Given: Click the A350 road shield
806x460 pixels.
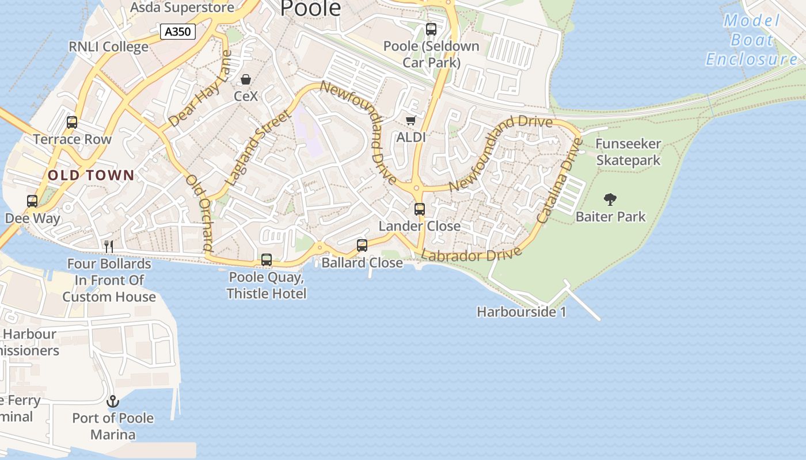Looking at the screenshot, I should (x=177, y=32).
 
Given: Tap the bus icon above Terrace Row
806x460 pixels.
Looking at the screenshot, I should (x=72, y=122).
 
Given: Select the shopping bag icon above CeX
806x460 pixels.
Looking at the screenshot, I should (x=246, y=79).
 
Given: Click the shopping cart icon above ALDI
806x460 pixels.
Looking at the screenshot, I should (x=410, y=120).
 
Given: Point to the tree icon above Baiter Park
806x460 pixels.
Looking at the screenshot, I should (x=610, y=200).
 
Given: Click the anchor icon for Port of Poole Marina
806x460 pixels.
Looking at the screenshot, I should (x=113, y=401).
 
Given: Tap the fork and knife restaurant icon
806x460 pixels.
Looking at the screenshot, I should (x=108, y=247).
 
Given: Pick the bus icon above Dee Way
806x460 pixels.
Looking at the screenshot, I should (x=32, y=201).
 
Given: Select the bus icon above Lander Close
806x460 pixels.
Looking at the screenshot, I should (x=420, y=209).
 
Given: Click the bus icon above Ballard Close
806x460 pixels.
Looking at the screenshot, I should (x=362, y=246).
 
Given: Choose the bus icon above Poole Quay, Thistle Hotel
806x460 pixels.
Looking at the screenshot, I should (x=267, y=260).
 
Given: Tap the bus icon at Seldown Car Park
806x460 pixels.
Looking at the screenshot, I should (x=431, y=29).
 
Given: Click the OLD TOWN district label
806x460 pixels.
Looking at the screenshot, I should (x=91, y=175).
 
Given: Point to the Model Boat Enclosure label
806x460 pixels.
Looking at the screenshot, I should (x=752, y=40).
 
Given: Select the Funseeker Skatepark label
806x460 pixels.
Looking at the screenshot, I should (x=628, y=152).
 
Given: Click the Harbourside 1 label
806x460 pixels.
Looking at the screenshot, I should (x=522, y=312).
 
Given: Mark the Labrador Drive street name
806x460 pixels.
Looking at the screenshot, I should (x=472, y=255).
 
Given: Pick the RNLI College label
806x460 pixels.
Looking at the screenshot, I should (x=108, y=47).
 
